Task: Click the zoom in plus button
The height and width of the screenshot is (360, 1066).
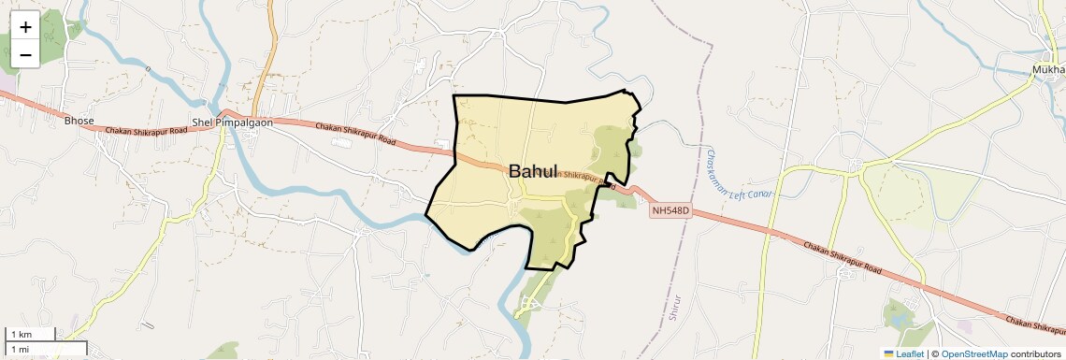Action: tap(25, 27)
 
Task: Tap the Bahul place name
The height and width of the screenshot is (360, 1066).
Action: tap(533, 171)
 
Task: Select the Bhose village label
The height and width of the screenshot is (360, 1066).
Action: tap(79, 121)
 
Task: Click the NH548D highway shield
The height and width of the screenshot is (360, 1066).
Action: tap(670, 210)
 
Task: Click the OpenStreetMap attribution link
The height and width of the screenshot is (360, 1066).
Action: tap(974, 353)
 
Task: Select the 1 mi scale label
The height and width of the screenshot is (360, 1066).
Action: tap(20, 349)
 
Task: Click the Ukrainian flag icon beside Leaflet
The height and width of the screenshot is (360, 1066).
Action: tap(889, 353)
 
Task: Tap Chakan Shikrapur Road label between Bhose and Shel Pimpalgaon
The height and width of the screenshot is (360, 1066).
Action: tap(147, 130)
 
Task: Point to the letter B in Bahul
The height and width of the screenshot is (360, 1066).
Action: tap(516, 171)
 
